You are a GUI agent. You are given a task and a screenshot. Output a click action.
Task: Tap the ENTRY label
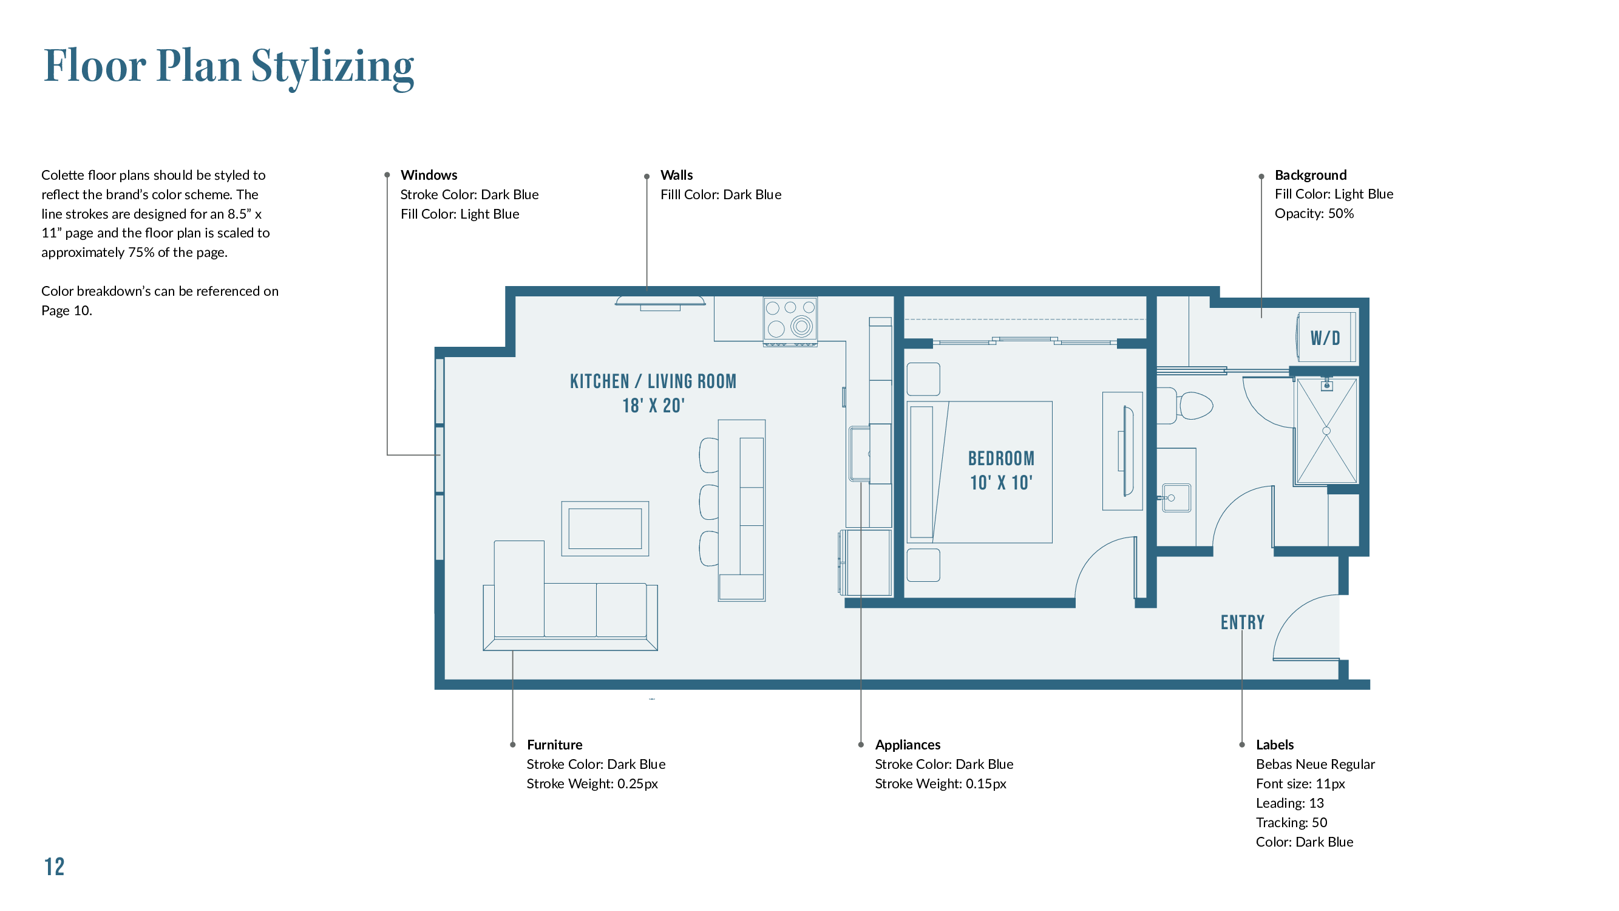pyautogui.click(x=1243, y=623)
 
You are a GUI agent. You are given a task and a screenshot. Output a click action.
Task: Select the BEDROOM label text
pyautogui.click(x=1001, y=459)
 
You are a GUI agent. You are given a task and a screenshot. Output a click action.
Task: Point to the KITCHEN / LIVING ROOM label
pyautogui.click(x=653, y=381)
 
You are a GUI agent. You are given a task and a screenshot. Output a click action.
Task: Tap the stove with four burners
pyautogui.click(x=790, y=321)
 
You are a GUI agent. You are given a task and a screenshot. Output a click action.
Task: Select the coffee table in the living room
pyautogui.click(x=605, y=529)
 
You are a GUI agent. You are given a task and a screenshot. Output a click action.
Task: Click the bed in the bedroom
pyautogui.click(x=980, y=472)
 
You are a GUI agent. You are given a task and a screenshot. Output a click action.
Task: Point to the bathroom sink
pyautogui.click(x=1175, y=498)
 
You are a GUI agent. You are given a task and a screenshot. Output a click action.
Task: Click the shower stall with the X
pyautogui.click(x=1326, y=431)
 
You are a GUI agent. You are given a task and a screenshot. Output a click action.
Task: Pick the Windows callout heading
pyautogui.click(x=429, y=175)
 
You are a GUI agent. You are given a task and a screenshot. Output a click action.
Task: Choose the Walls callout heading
pyautogui.click(x=676, y=175)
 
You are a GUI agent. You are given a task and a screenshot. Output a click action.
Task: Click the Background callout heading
pyautogui.click(x=1311, y=175)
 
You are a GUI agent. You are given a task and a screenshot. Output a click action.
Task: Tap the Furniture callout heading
pyautogui.click(x=554, y=745)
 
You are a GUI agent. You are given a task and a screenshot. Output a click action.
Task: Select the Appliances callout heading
pyautogui.click(x=908, y=745)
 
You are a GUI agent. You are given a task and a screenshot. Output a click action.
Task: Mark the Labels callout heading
pyautogui.click(x=1275, y=745)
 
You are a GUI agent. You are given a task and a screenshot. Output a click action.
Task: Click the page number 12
pyautogui.click(x=54, y=867)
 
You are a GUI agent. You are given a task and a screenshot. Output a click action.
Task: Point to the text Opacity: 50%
pyautogui.click(x=1314, y=213)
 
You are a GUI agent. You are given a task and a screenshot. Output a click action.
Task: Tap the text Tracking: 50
pyautogui.click(x=1292, y=822)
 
